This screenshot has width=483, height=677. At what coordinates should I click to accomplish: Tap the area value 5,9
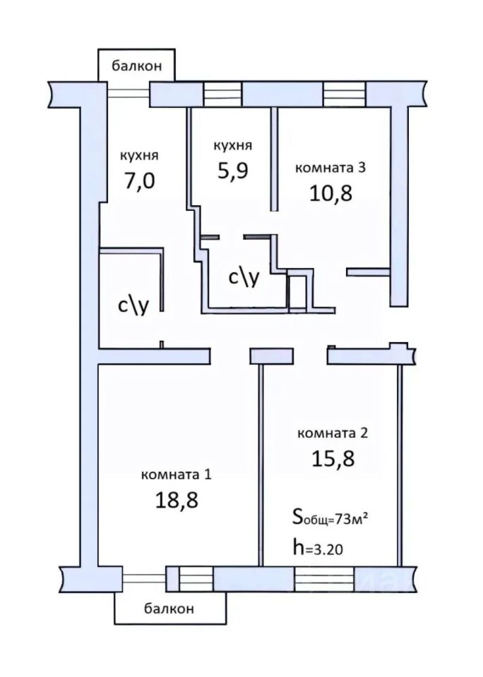pyautogui.click(x=232, y=170)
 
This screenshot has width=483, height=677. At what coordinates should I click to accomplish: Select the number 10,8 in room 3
pyautogui.click(x=330, y=193)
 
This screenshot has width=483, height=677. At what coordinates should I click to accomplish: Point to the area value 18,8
pyautogui.click(x=177, y=500)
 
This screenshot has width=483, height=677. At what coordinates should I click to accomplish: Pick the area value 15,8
pyautogui.click(x=333, y=458)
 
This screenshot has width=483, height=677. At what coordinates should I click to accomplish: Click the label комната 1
pyautogui.click(x=177, y=475)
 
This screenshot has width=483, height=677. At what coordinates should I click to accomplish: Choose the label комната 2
pyautogui.click(x=333, y=433)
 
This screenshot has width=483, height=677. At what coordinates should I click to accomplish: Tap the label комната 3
pyautogui.click(x=330, y=168)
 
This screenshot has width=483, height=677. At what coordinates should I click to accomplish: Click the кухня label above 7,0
pyautogui.click(x=139, y=155)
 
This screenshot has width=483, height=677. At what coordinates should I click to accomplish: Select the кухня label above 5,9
pyautogui.click(x=232, y=145)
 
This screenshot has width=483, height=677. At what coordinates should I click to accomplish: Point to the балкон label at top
pyautogui.click(x=137, y=66)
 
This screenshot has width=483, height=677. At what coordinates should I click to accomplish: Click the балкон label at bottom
pyautogui.click(x=169, y=609)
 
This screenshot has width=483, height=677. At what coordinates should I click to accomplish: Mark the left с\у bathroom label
pyautogui.click(x=133, y=305)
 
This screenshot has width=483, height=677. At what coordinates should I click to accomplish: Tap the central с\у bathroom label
pyautogui.click(x=244, y=278)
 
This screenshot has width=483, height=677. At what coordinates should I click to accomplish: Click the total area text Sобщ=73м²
pyautogui.click(x=330, y=518)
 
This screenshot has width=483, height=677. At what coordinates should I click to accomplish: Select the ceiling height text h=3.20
pyautogui.click(x=318, y=548)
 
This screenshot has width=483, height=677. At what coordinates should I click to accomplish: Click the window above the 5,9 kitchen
pyautogui.click(x=222, y=94)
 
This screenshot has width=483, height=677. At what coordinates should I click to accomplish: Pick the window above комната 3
pyautogui.click(x=345, y=93)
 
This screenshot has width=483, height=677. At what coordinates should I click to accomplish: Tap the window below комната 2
pyautogui.click(x=325, y=578)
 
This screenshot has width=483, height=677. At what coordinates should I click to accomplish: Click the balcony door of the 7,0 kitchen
pyautogui.click(x=129, y=93)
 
